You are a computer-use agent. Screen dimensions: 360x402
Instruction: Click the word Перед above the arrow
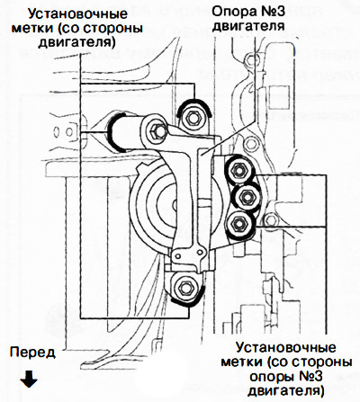tap(32, 353)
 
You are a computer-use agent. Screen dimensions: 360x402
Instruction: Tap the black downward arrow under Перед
tap(29, 378)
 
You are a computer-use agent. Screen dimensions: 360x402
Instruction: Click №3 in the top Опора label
tap(272, 13)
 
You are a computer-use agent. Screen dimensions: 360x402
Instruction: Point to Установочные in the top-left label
tap(77, 13)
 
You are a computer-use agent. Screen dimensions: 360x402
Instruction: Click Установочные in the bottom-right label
tap(285, 348)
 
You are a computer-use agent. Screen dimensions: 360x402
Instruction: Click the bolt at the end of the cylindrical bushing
tap(157, 131)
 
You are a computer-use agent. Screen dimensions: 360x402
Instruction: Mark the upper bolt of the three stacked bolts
tap(238, 171)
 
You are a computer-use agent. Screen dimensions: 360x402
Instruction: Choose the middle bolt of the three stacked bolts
tap(246, 197)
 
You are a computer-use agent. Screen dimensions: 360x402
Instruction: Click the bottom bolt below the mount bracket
tap(184, 288)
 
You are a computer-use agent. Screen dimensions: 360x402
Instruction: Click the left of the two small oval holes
tap(57, 131)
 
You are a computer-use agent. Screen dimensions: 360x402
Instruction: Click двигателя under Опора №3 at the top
tap(249, 26)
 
